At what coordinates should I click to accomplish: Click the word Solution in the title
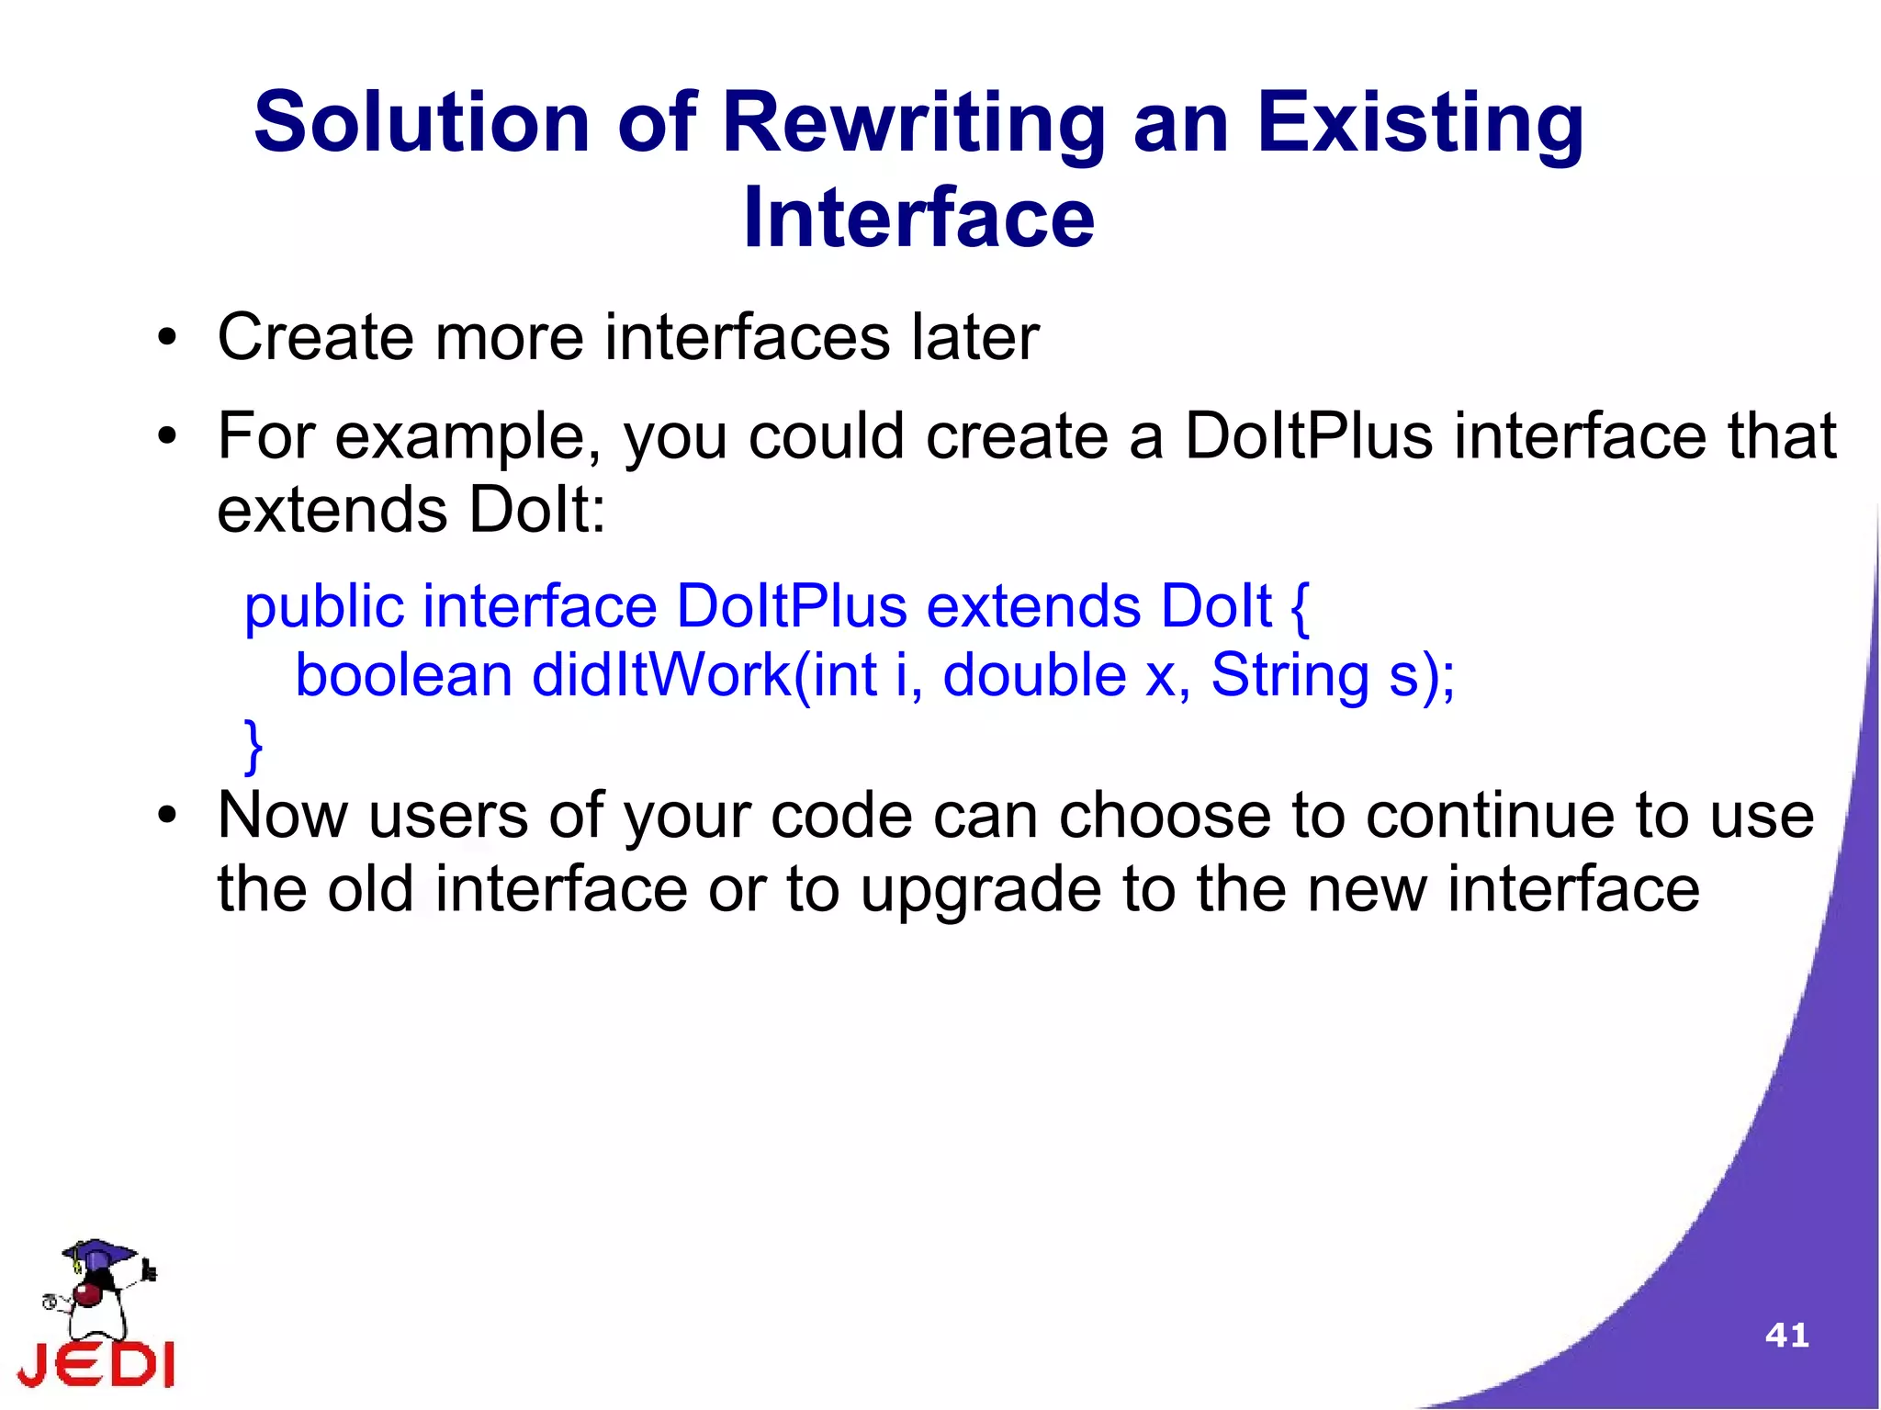(x=422, y=122)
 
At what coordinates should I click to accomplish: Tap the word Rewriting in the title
(x=913, y=124)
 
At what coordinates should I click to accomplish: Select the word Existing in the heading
(x=1419, y=124)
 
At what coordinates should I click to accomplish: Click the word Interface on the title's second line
(x=918, y=218)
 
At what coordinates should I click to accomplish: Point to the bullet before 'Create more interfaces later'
(x=166, y=338)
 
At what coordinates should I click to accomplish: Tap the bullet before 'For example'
(x=166, y=436)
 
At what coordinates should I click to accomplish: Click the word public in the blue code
(x=324, y=607)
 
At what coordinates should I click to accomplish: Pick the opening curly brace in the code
(x=1300, y=607)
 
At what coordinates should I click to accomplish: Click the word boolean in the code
(x=403, y=675)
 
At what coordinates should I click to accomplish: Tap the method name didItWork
(x=661, y=675)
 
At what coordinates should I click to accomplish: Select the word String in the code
(x=1290, y=675)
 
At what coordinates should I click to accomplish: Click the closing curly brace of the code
(x=253, y=746)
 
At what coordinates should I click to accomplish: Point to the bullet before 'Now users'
(x=166, y=816)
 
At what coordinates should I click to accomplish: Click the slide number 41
(x=1786, y=1335)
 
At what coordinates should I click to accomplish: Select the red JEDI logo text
(x=96, y=1364)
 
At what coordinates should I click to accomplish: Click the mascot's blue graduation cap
(x=98, y=1252)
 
